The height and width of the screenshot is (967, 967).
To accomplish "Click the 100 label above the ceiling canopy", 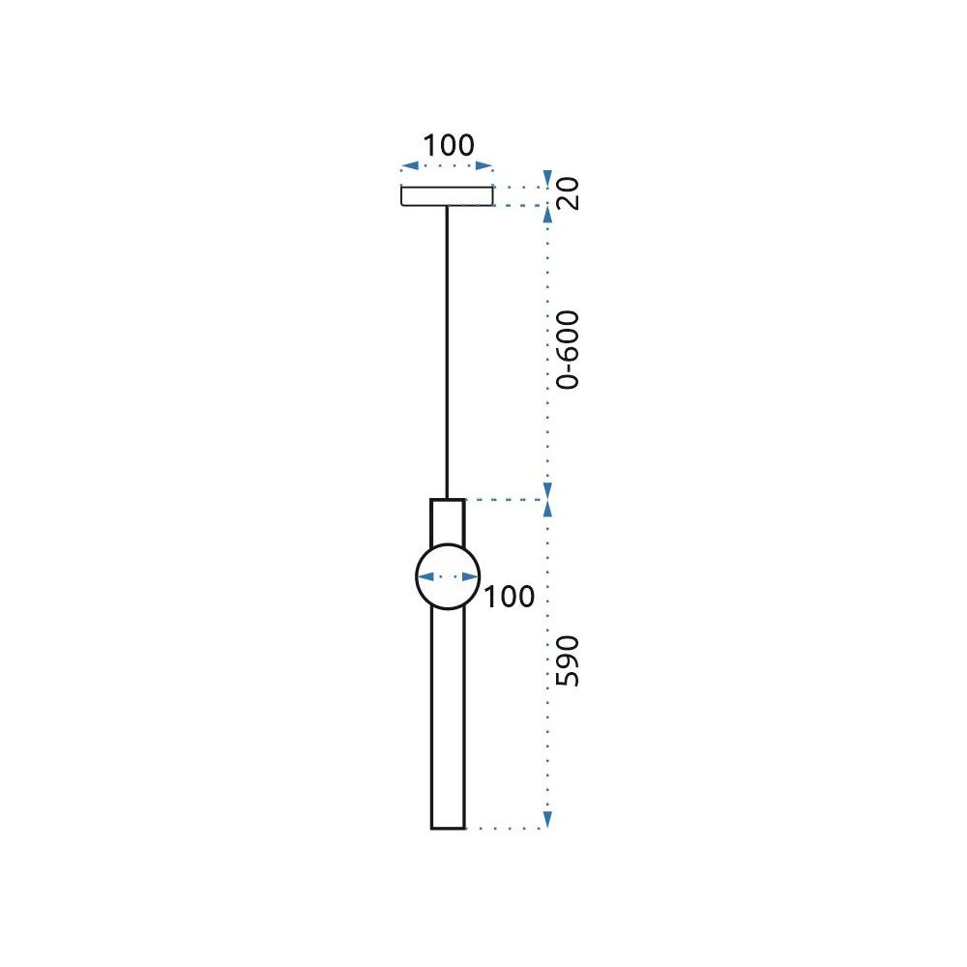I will [x=449, y=146].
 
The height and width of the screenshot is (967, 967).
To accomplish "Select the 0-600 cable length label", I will [x=569, y=349].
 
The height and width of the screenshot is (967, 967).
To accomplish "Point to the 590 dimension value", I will [x=569, y=661].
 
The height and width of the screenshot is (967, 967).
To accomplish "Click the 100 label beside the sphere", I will [x=509, y=597].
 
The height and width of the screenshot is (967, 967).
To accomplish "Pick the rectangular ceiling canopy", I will [x=447, y=196].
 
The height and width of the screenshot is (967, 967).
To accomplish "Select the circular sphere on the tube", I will [x=448, y=577].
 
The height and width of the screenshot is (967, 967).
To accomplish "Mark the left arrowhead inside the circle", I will [x=423, y=577].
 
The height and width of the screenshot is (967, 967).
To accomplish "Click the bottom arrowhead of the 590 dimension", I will [x=547, y=820].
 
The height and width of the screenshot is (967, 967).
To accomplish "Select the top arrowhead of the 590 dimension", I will [x=547, y=510].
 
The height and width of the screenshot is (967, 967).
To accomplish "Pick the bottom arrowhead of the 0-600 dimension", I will [x=547, y=490].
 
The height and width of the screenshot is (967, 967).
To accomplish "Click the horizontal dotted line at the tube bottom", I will [x=503, y=829].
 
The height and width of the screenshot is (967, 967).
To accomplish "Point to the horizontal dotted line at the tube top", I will [x=503, y=500].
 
